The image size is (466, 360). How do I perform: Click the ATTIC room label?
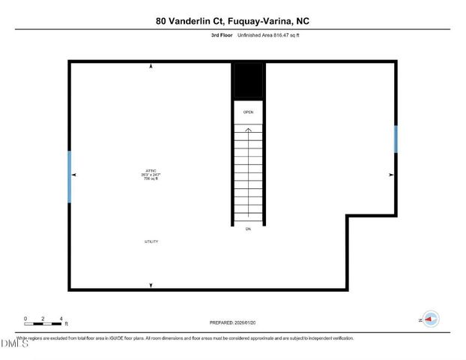pyautogui.click(x=151, y=170)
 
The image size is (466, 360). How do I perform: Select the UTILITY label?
pyautogui.click(x=151, y=241)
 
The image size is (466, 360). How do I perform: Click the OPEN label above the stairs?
pyautogui.click(x=248, y=112)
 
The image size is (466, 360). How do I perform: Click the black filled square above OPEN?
pyautogui.click(x=248, y=81)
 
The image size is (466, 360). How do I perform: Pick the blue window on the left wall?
pyautogui.click(x=70, y=176)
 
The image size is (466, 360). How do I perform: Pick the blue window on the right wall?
pyautogui.click(x=396, y=139)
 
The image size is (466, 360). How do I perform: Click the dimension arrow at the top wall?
pyautogui.click(x=151, y=67)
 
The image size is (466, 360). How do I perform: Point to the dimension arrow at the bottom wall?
pyautogui.click(x=151, y=286)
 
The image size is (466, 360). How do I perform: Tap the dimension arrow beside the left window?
pyautogui.click(x=75, y=175)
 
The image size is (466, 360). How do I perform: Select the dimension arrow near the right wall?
pyautogui.click(x=390, y=175)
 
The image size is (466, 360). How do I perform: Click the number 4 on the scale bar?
pyautogui.click(x=61, y=319)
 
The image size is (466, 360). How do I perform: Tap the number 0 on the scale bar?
pyautogui.click(x=25, y=319)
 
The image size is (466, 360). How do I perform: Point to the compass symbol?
pyautogui.click(x=431, y=319)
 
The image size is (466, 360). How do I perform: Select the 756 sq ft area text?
pyautogui.click(x=151, y=178)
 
